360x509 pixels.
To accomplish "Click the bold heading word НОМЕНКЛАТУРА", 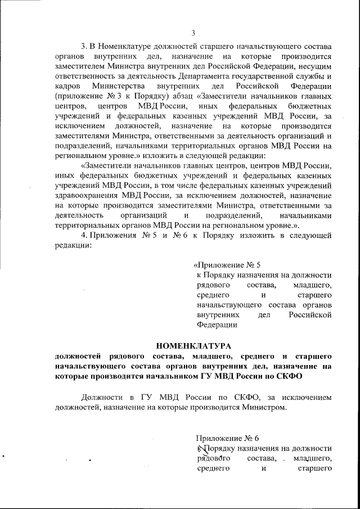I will pos(193,345).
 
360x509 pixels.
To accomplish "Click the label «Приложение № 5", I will pos(227,264).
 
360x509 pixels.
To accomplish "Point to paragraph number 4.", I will pos(84,235).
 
